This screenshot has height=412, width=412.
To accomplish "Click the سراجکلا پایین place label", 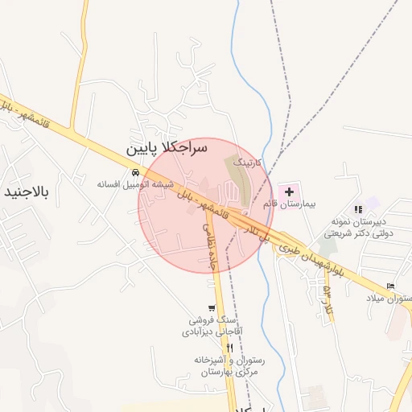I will click(x=167, y=149).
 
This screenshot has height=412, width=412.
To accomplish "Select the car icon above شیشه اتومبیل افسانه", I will click(x=136, y=172).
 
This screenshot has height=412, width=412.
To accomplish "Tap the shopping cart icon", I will click(x=211, y=307).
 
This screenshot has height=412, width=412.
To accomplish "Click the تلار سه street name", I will click(x=328, y=298).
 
